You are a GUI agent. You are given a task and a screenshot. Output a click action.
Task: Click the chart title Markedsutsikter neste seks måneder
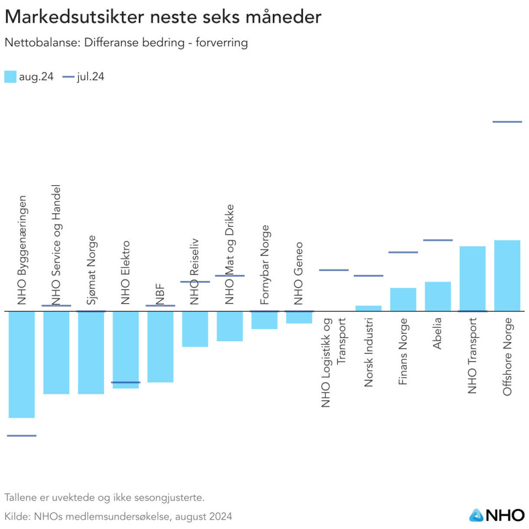pyautogui.click(x=163, y=17)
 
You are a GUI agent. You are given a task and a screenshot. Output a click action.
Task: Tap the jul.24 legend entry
pyautogui.click(x=84, y=77)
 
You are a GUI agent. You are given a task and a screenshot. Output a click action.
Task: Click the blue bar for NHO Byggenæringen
pyautogui.click(x=21, y=364)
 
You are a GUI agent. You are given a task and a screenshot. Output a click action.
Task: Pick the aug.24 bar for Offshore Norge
pyautogui.click(x=507, y=276)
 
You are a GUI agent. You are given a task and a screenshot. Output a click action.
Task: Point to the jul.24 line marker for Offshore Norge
pyautogui.click(x=507, y=122)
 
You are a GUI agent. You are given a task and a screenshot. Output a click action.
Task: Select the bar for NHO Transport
pyautogui.click(x=472, y=278)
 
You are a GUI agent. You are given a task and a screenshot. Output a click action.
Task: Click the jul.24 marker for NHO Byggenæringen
pyautogui.click(x=21, y=435)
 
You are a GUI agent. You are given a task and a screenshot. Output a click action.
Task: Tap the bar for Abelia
pyautogui.click(x=438, y=296)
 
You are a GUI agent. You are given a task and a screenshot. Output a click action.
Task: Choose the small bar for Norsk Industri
pyautogui.click(x=369, y=308)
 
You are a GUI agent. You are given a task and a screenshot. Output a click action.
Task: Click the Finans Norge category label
pyautogui.click(x=403, y=351)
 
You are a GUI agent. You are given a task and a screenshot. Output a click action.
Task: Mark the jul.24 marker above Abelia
pyautogui.click(x=438, y=240)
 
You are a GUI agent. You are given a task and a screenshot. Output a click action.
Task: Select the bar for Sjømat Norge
pyautogui.click(x=91, y=353)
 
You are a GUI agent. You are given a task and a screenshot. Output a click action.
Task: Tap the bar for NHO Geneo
pyautogui.click(x=299, y=317)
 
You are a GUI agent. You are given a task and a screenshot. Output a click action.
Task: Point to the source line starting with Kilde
pyautogui.click(x=118, y=516)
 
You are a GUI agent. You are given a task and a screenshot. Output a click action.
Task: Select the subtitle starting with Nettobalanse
pyautogui.click(x=126, y=43)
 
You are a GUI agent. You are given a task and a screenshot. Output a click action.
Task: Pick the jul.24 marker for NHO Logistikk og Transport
pyautogui.click(x=334, y=270)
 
